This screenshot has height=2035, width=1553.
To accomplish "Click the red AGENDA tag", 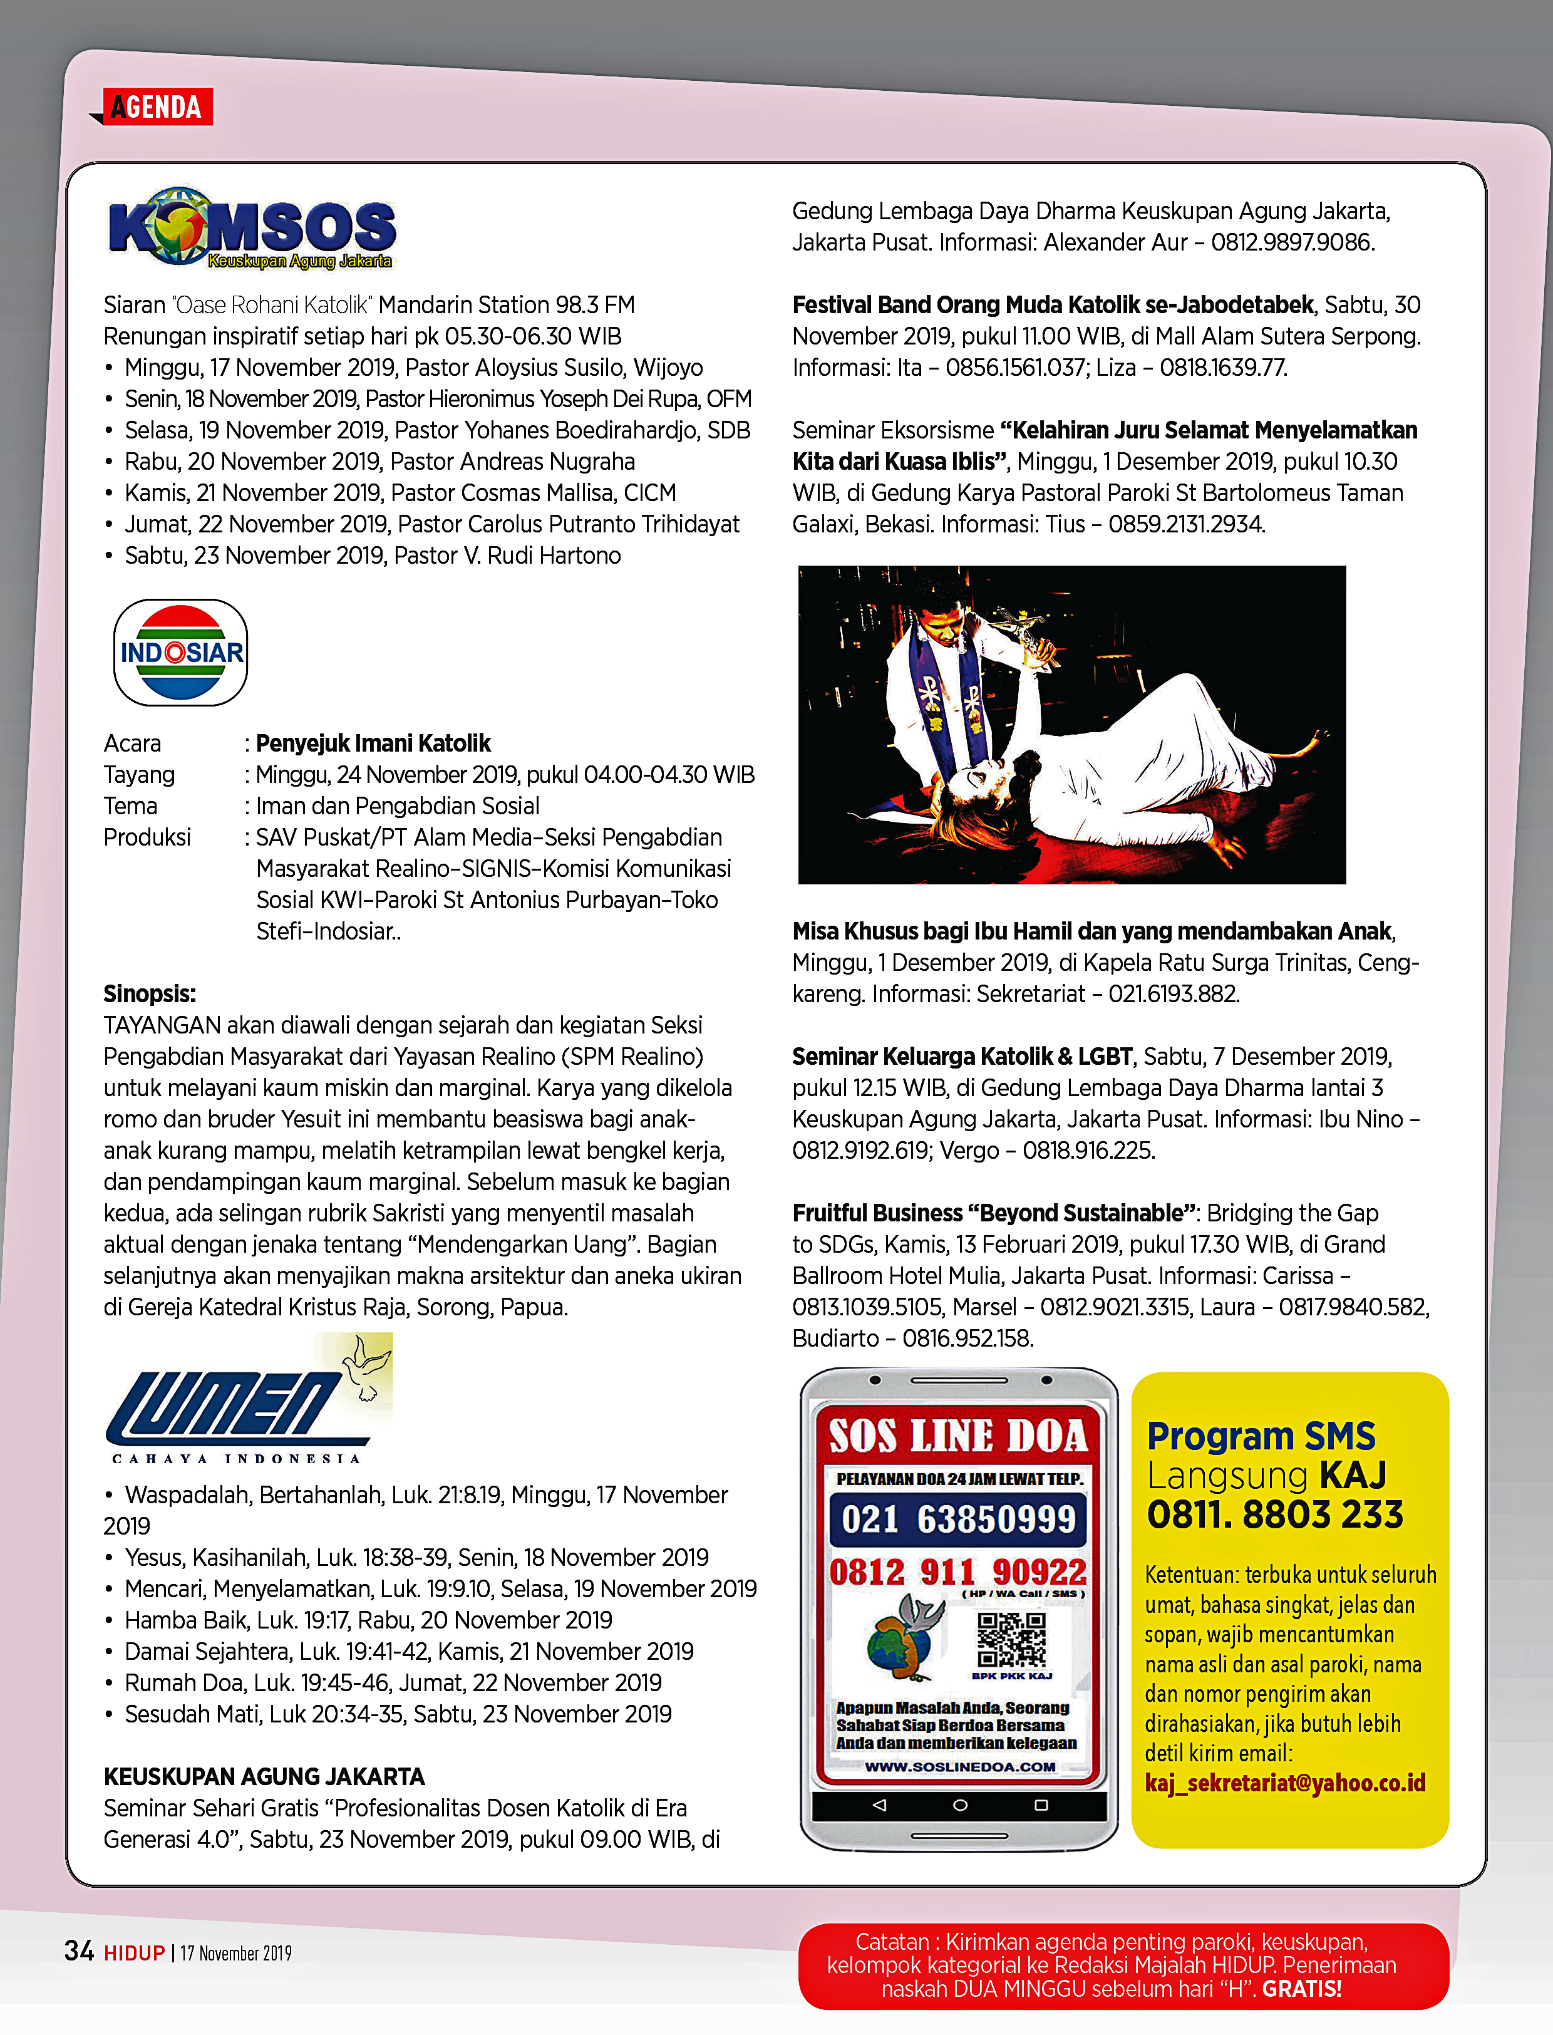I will [157, 107].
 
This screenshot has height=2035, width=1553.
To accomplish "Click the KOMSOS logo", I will [252, 229].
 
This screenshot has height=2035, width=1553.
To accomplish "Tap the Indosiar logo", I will [181, 653].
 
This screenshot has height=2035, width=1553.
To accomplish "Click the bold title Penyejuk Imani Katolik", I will [373, 743].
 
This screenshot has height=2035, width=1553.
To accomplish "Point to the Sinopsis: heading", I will [150, 994].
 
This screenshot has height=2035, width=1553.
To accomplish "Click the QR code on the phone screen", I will [1011, 1639].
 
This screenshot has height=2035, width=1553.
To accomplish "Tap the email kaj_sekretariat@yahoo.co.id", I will [1285, 1783].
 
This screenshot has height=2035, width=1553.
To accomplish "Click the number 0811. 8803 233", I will [1275, 1515].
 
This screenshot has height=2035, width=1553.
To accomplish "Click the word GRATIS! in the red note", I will [1301, 1988].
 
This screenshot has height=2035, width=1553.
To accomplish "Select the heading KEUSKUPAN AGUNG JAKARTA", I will [264, 1776].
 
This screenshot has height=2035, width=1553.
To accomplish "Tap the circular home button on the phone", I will [959, 1805].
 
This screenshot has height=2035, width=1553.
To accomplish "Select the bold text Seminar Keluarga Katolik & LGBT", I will [962, 1057].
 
